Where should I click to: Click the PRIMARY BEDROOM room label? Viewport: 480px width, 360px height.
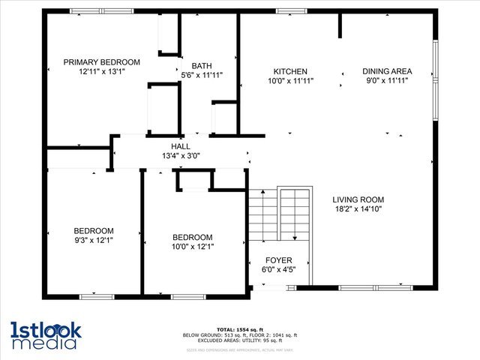click(x=101, y=62)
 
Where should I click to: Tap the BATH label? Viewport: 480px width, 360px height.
click(x=201, y=65)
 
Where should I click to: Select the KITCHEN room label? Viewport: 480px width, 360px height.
click(x=290, y=71)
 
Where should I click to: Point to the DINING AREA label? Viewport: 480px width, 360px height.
click(x=387, y=71)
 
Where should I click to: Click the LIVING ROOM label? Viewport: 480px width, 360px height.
click(x=358, y=199)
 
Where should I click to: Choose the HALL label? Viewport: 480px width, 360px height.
click(x=180, y=146)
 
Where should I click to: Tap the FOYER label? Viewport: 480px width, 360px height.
click(x=278, y=260)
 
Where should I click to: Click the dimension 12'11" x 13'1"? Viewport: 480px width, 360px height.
click(x=101, y=73)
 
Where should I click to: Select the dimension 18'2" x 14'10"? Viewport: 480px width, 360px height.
click(x=358, y=209)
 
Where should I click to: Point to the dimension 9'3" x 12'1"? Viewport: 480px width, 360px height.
click(x=94, y=241)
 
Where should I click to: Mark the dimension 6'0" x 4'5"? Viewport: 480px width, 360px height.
click(x=278, y=270)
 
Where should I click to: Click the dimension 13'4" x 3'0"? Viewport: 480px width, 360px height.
click(x=180, y=156)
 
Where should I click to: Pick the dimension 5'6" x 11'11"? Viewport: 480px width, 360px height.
click(x=201, y=75)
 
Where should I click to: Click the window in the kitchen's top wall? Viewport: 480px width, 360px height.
click(x=286, y=11)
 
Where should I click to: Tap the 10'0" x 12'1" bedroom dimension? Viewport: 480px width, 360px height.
click(x=193, y=246)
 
